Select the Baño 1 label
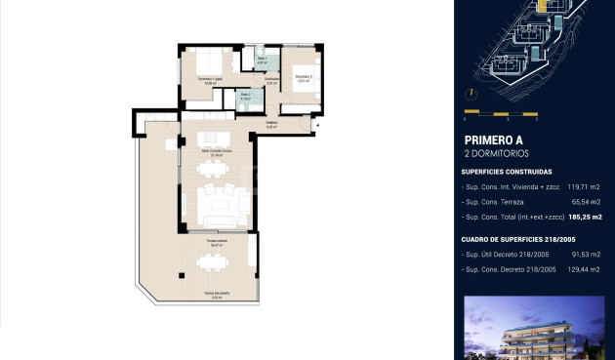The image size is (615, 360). pos(262,61)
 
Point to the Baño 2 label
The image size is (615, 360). pos(246,97)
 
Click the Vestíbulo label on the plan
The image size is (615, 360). pos(272,124)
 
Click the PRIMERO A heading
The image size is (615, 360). pos(493,140)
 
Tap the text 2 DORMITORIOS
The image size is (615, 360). pos(496,154)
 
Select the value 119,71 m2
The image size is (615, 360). pos(584,185)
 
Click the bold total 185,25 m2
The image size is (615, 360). pos(584,217)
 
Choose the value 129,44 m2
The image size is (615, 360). pos(583,269)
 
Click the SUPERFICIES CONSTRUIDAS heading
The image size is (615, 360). pos(507,172)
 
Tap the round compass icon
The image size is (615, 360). pos(471,94)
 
